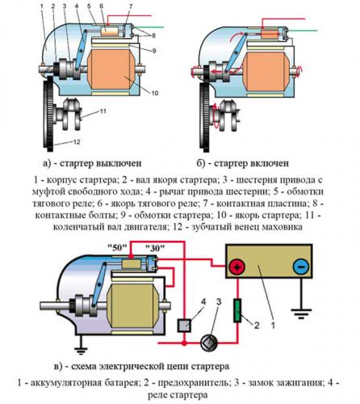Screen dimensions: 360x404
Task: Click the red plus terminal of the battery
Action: click(237, 267)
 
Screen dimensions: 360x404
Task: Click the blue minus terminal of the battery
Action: click(301, 267)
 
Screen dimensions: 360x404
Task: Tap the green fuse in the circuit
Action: click(237, 310)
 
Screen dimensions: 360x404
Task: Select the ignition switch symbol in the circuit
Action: click(209, 343)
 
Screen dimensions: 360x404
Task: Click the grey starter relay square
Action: click(184, 326)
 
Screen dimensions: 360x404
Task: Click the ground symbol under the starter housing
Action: click(81, 350)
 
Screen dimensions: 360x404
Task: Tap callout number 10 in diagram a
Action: click(154, 93)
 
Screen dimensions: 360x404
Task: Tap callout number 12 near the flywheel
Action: click(77, 142)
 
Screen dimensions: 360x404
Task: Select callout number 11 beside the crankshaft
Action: click(103, 111)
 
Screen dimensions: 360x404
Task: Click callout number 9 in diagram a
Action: click(154, 51)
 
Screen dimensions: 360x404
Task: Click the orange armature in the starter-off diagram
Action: click(111, 69)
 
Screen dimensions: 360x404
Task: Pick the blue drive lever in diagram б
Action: click(235, 53)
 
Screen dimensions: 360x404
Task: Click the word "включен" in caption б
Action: click(270, 163)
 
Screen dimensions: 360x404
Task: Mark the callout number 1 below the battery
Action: click(273, 326)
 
